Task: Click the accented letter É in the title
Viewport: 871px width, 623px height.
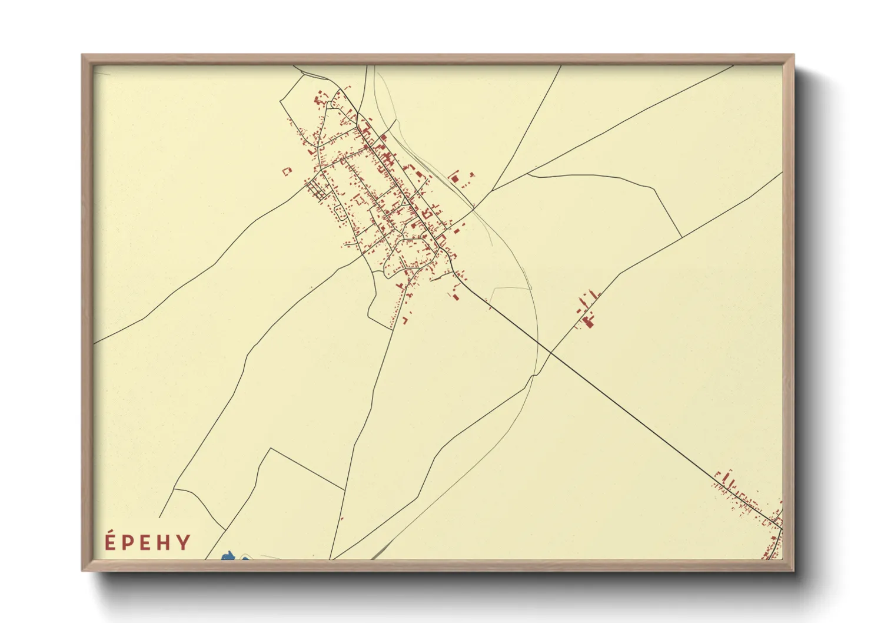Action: (109, 541)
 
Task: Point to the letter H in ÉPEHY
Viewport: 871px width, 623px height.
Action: (164, 542)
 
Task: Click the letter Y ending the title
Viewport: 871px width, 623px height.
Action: (184, 542)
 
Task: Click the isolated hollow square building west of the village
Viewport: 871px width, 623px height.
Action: (287, 171)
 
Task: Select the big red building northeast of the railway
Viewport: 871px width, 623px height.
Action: (454, 177)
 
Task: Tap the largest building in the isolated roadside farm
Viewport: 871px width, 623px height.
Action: (588, 321)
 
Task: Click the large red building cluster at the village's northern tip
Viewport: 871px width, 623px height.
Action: (321, 98)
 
